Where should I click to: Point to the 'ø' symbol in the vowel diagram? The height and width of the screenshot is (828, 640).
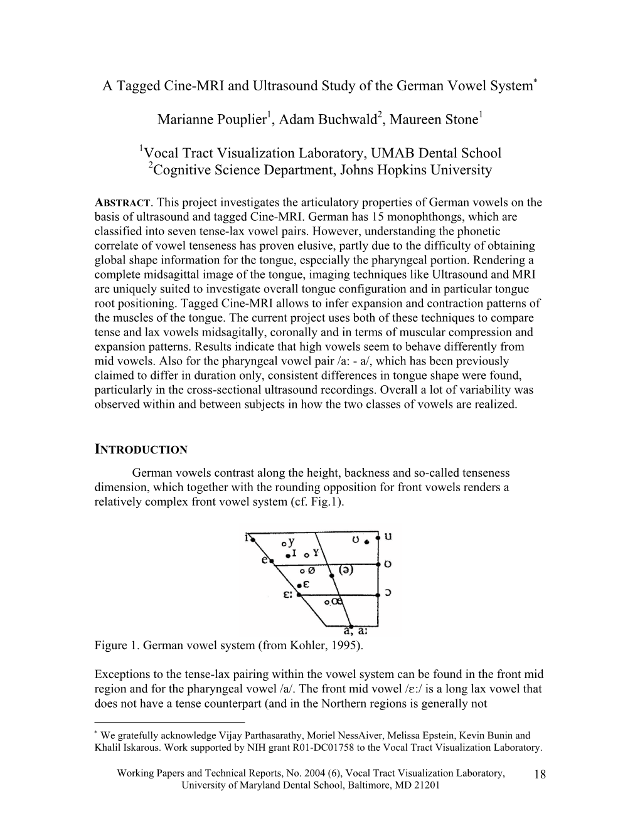point(312,570)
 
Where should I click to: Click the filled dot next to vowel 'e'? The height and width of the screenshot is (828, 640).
point(271,561)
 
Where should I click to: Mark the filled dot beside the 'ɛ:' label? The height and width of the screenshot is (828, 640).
point(299,593)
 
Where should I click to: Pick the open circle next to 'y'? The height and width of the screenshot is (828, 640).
point(284,542)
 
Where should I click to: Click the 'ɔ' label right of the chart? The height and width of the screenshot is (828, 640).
point(388,592)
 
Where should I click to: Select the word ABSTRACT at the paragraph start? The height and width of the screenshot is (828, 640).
point(122,203)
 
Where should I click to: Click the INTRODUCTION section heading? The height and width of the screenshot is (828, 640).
point(141,449)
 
